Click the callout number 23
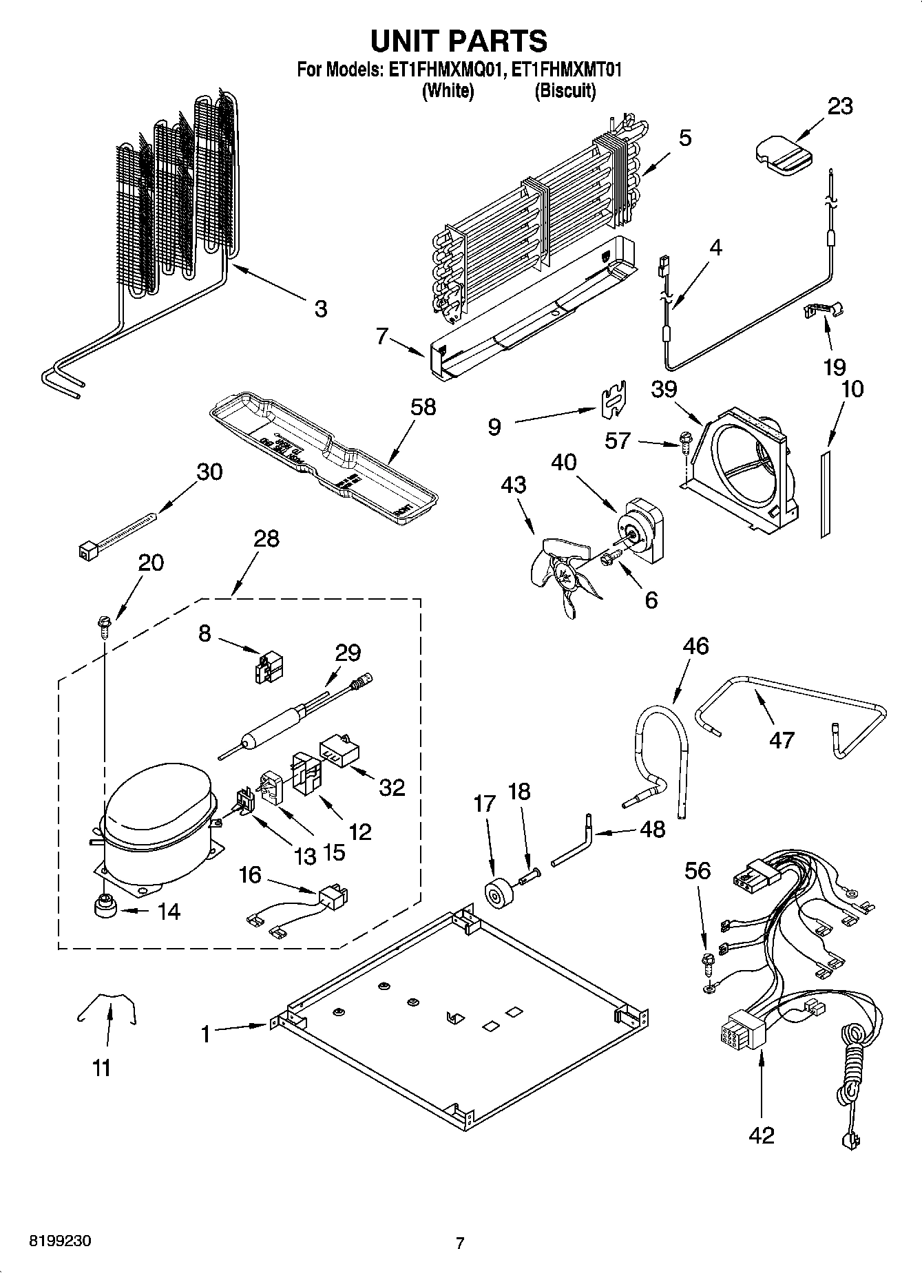[x=839, y=106]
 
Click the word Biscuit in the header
[x=565, y=90]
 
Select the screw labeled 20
[x=104, y=625]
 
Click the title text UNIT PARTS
[x=459, y=41]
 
